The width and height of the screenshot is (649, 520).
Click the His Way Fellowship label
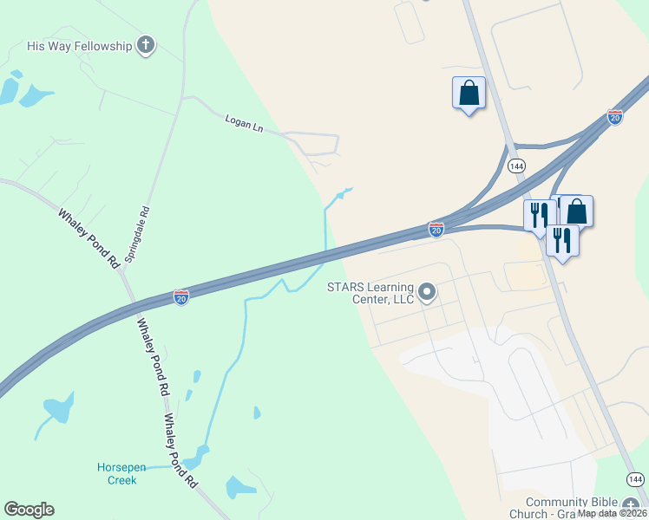(x=79, y=45)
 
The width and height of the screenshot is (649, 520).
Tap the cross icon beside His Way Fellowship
(x=146, y=45)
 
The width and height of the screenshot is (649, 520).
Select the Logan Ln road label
(x=244, y=123)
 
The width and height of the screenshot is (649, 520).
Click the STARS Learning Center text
(x=370, y=293)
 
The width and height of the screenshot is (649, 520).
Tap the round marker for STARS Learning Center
(x=426, y=292)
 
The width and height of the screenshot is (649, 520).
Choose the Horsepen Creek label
(x=116, y=473)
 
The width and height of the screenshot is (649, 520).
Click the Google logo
(x=29, y=510)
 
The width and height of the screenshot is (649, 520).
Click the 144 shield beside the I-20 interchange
(x=516, y=165)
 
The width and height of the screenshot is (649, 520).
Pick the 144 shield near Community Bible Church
(x=635, y=479)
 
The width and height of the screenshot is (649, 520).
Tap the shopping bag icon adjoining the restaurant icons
(x=577, y=211)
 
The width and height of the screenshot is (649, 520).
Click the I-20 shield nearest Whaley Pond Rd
(x=181, y=297)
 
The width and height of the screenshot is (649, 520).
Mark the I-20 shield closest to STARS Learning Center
(x=436, y=229)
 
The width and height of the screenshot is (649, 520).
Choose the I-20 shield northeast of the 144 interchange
(x=615, y=116)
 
